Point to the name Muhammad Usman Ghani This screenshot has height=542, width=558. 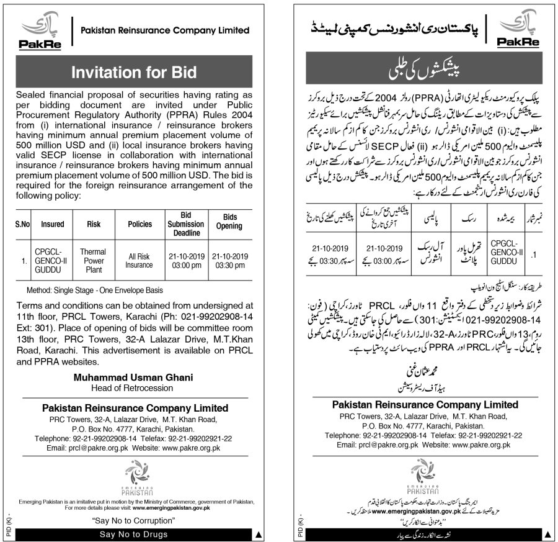point(135,377)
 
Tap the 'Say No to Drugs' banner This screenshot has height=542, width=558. point(135,535)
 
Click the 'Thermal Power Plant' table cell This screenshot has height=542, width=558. point(93,261)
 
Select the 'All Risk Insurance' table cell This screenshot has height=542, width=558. point(139,261)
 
